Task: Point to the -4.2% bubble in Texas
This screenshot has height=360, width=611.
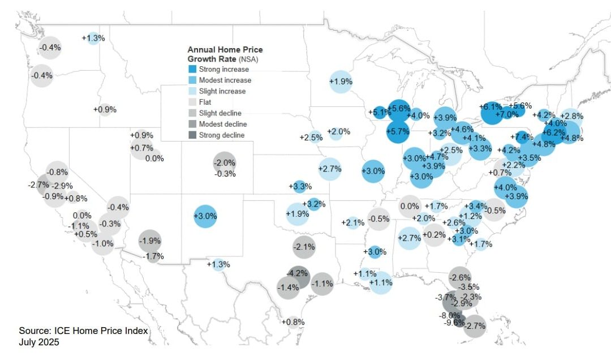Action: click(298, 273)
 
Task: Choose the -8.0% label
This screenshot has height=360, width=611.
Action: click(450, 315)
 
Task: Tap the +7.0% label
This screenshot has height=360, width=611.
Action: click(506, 114)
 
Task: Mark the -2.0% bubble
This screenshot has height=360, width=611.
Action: click(225, 163)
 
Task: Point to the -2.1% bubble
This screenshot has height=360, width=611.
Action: click(304, 247)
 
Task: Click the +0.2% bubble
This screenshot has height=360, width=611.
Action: click(434, 234)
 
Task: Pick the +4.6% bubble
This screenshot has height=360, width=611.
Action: click(462, 130)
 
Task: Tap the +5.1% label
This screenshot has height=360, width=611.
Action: click(379, 112)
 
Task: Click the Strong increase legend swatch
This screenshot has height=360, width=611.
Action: click(192, 70)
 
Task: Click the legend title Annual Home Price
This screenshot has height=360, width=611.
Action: click(225, 50)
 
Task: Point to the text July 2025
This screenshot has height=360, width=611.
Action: click(38, 342)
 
